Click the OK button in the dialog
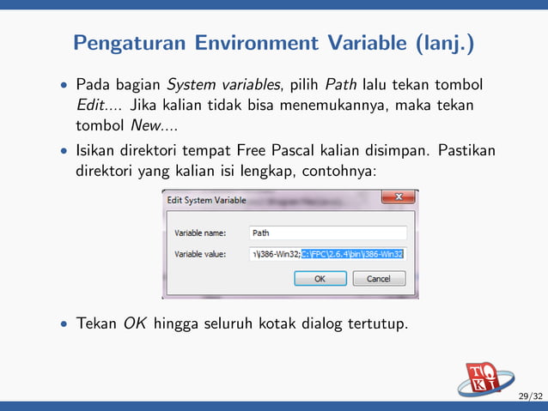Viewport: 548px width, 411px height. coord(320,279)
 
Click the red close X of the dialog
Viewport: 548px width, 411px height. coord(397,199)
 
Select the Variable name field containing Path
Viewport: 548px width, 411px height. coord(327,233)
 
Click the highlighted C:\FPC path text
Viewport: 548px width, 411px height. coord(353,254)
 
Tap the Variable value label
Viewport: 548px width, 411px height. coord(200,254)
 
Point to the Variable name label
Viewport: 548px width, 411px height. coord(200,233)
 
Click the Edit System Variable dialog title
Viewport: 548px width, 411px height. coord(206,200)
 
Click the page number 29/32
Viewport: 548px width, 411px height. coord(529,396)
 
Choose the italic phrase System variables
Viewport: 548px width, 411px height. coord(212,85)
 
